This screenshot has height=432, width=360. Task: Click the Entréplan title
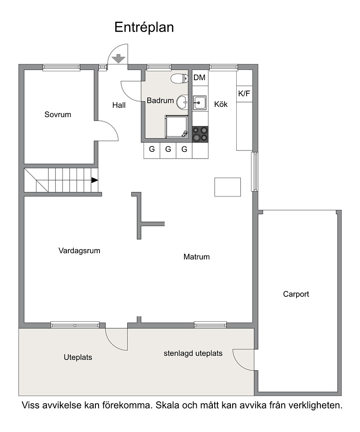(x=144, y=27)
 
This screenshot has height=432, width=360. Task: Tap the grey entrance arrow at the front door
(x=119, y=59)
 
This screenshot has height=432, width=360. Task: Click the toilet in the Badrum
(x=179, y=78)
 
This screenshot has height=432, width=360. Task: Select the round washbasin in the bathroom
(x=182, y=102)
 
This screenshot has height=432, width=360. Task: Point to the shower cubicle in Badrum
(x=177, y=127)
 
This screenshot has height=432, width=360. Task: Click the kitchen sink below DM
(x=199, y=103)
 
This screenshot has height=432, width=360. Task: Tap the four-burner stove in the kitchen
(x=200, y=134)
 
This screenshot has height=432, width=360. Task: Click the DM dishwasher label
(x=199, y=77)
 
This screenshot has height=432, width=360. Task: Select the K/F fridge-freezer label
(x=244, y=94)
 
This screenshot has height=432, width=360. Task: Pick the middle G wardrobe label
(x=168, y=149)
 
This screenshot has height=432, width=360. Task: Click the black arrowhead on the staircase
(x=94, y=180)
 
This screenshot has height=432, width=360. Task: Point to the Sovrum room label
(x=58, y=114)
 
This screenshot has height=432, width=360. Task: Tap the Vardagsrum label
(x=79, y=251)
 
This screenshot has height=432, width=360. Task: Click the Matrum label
(x=197, y=257)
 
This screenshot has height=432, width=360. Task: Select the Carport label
(x=296, y=294)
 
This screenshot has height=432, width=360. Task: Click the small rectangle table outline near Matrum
(x=228, y=187)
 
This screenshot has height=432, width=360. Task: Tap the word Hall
(x=119, y=105)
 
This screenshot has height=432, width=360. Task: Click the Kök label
(x=221, y=104)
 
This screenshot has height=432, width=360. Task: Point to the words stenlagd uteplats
(x=193, y=354)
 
